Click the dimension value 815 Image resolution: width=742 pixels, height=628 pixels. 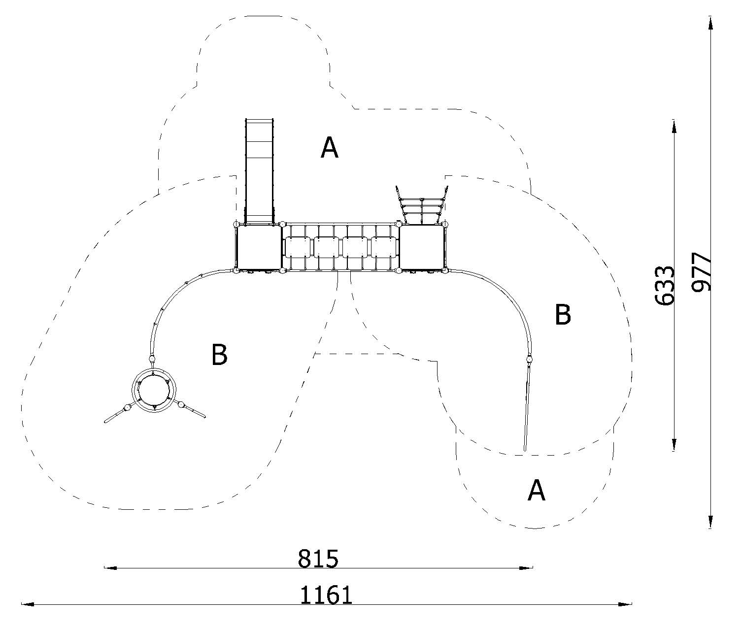(318, 559)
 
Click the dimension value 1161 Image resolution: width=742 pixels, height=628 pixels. (327, 595)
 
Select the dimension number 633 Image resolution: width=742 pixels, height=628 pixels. (665, 285)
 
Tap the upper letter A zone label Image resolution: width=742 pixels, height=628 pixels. (330, 147)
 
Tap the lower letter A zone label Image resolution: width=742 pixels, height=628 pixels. (536, 491)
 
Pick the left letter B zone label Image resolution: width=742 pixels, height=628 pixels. (219, 355)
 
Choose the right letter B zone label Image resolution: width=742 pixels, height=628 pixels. (563, 314)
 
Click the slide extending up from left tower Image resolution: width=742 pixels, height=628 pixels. (259, 170)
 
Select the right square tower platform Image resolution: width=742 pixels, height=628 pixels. (422, 248)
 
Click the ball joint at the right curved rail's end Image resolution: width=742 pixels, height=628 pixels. (530, 359)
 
